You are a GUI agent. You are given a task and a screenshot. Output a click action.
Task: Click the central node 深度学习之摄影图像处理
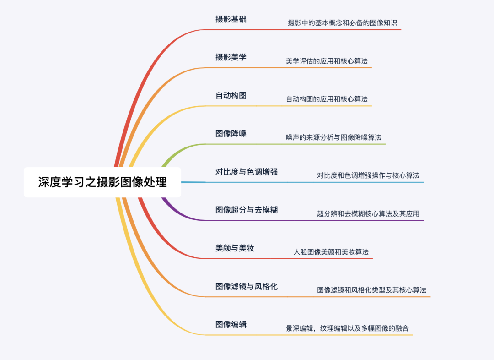coord(102,182)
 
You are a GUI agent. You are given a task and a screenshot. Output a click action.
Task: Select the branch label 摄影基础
coord(231,19)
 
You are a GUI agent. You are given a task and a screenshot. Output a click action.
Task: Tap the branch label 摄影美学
coord(231,57)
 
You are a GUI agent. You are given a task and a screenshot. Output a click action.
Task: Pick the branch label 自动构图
coord(231,95)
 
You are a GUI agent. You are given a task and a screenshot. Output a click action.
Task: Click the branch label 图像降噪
coord(231,133)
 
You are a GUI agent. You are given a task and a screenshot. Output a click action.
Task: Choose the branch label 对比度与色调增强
coord(247,172)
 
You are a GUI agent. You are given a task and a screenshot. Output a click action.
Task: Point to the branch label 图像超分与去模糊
coord(247,210)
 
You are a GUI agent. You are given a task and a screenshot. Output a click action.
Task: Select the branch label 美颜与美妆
coord(235,248)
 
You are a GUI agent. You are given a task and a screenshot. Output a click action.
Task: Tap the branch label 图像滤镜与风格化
coord(247,286)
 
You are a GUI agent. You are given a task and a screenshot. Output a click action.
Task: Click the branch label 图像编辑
coord(231,324)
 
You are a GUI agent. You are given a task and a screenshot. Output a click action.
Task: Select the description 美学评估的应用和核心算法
coord(327,61)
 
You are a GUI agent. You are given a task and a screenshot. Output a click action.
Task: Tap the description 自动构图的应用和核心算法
coord(327,99)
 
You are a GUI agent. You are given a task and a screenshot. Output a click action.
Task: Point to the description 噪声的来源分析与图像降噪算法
coord(333,137)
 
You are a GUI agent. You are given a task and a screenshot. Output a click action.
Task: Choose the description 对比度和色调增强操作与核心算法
coord(368,175)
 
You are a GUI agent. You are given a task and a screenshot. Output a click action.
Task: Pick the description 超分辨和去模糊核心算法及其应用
coord(368,213)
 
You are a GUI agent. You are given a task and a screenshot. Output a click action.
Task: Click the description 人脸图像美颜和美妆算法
coord(331,252)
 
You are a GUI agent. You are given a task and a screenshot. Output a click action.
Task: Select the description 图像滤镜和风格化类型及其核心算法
coord(371,290)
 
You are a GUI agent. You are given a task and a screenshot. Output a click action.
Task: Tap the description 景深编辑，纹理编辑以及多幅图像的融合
coord(347,328)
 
